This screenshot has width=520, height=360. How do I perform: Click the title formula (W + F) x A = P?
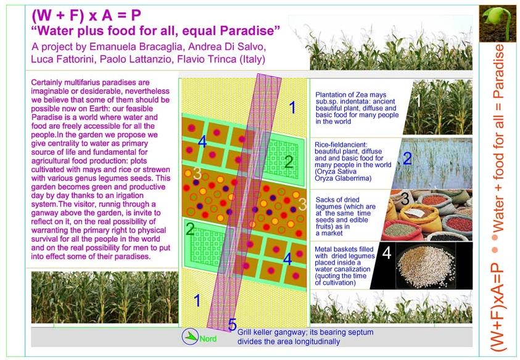[x=86, y=15]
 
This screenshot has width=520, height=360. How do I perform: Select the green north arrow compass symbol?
[x=191, y=336]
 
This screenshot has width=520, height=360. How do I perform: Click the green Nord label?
[x=208, y=339]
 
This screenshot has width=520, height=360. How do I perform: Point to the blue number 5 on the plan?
[x=233, y=325]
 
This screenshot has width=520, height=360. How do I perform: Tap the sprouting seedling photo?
[x=498, y=23]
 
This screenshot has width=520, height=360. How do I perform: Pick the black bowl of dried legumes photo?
[x=422, y=266]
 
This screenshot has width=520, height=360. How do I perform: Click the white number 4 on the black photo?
[x=387, y=253]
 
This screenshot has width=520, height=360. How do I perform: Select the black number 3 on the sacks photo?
[x=405, y=198]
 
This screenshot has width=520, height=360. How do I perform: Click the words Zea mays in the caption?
[x=371, y=95]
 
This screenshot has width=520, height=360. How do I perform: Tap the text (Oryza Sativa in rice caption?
[x=336, y=172]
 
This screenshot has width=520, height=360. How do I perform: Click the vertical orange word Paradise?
[x=498, y=72]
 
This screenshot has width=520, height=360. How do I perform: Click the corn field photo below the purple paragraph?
[x=105, y=297]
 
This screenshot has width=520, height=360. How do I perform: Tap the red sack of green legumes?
[x=400, y=229]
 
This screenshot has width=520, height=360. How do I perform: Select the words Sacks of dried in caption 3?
[x=337, y=200]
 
